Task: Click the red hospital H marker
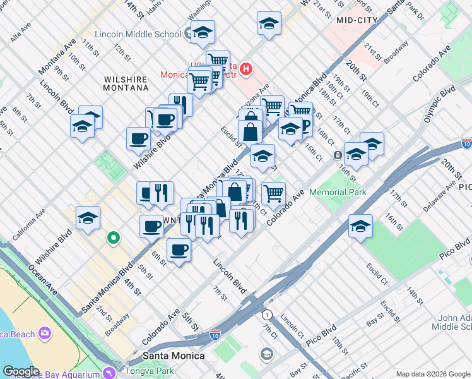(x=247, y=68)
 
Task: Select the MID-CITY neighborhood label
(x=357, y=20)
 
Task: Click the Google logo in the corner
(x=21, y=371)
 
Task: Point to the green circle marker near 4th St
(x=113, y=238)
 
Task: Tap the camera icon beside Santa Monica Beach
(x=45, y=332)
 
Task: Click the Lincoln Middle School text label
(x=138, y=33)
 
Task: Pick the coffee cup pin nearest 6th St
(x=179, y=250)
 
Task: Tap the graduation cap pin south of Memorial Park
(x=360, y=226)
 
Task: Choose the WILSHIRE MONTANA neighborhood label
(x=125, y=86)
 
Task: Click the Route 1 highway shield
(x=268, y=315)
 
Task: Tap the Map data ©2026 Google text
(x=432, y=373)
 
